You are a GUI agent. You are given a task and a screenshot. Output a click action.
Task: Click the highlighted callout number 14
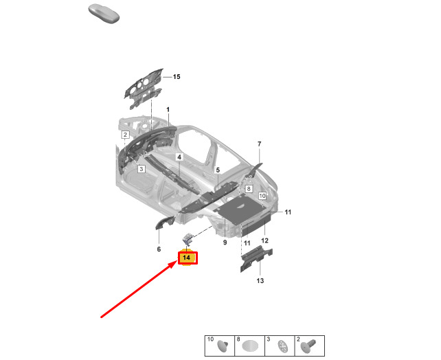(186, 258)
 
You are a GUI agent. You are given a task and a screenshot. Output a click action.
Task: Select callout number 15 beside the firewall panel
(177, 76)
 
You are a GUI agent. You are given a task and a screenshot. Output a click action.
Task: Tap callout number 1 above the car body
(168, 109)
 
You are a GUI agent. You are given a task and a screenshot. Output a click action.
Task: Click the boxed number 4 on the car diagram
(179, 157)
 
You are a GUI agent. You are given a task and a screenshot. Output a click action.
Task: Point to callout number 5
(218, 170)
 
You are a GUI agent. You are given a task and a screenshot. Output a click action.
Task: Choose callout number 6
(159, 249)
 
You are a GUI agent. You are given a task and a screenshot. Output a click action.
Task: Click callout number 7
(260, 144)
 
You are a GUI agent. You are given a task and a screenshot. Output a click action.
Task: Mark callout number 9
(225, 242)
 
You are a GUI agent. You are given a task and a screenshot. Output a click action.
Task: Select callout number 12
(264, 240)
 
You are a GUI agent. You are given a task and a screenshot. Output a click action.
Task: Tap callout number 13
(260, 280)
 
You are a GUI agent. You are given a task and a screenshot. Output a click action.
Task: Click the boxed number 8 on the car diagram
(249, 188)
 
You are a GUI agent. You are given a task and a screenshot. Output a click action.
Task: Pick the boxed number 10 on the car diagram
(262, 196)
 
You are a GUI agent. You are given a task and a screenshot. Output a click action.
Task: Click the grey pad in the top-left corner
(104, 14)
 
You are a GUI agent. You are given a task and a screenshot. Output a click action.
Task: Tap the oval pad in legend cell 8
(249, 346)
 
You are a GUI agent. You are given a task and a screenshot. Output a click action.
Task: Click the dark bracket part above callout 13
(256, 258)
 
